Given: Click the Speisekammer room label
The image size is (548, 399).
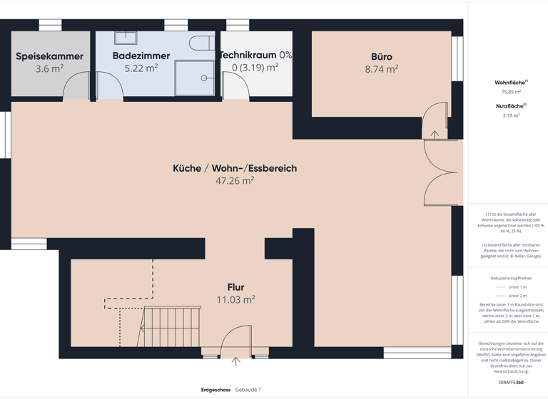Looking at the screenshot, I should [x=49, y=56].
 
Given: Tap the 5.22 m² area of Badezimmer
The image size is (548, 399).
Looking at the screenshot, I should [x=141, y=69].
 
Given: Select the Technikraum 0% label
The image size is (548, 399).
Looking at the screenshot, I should [x=255, y=55].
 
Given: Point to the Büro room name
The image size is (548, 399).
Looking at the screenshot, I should [x=381, y=57].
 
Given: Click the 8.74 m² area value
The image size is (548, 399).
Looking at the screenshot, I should [x=381, y=70].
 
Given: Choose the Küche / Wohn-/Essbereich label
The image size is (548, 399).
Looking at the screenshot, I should [x=235, y=168].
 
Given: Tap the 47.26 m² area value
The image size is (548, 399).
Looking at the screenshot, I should [x=235, y=181].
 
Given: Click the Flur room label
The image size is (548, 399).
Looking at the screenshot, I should [x=235, y=287].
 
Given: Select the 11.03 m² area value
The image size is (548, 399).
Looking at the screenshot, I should [x=235, y=300].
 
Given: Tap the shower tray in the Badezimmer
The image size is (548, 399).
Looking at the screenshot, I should [x=194, y=77].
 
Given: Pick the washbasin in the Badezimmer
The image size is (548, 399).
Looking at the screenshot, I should [x=126, y=38].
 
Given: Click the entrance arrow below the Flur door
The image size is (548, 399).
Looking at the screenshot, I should [x=235, y=361].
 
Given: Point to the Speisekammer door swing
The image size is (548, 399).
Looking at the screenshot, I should [x=76, y=87].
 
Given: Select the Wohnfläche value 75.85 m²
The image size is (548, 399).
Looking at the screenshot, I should [x=511, y=92].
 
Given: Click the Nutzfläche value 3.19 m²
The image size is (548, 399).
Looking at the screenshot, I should [x=511, y=115].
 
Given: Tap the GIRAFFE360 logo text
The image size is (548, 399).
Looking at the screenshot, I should [x=511, y=383].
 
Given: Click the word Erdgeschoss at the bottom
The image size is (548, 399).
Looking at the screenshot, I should [x=215, y=390].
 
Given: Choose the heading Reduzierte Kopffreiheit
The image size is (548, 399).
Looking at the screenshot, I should [x=511, y=278].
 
